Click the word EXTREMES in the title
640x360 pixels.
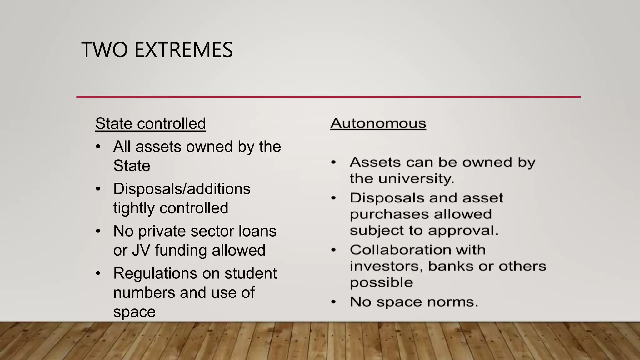click(x=183, y=50)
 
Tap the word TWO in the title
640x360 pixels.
click(x=104, y=50)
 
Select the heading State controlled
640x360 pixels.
click(x=150, y=123)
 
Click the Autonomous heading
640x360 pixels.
click(x=378, y=123)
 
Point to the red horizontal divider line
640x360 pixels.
click(x=328, y=97)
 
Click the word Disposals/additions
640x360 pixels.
click(x=182, y=189)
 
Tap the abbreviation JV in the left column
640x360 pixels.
click(x=141, y=250)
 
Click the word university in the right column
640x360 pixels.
click(x=416, y=178)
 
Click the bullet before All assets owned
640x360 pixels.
click(x=98, y=147)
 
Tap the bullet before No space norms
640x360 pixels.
click(x=333, y=302)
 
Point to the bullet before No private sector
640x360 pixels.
click(x=98, y=231)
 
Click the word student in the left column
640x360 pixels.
click(x=250, y=273)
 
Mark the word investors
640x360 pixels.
click(x=386, y=266)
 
